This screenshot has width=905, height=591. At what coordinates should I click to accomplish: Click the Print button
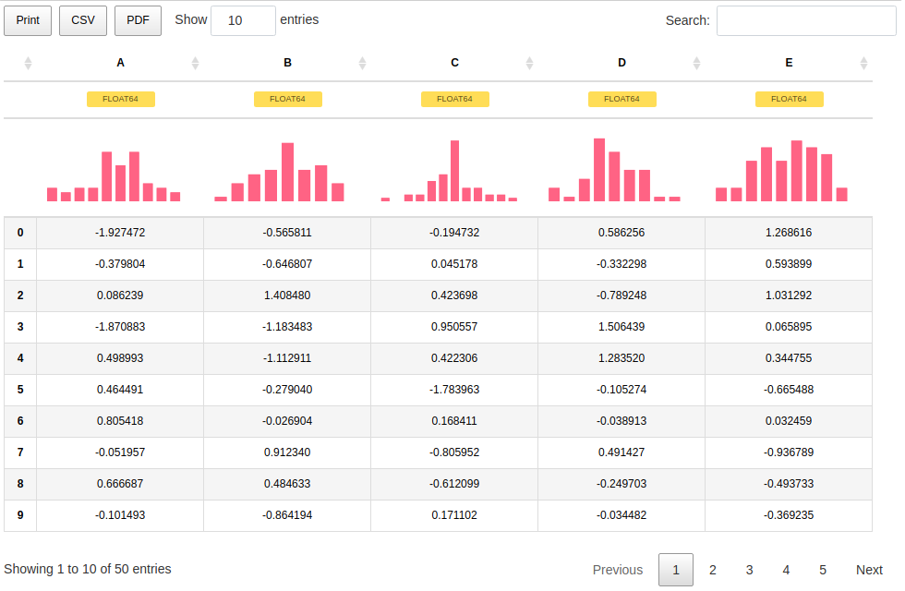[28, 20]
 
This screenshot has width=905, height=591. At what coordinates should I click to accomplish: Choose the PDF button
[138, 20]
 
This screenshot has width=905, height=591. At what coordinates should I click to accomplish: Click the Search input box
[805, 20]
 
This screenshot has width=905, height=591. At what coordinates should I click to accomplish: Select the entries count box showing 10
[243, 20]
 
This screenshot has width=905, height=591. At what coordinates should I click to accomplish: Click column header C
[454, 63]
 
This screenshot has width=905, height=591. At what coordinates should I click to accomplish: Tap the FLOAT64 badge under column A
[121, 99]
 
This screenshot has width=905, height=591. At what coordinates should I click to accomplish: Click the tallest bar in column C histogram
[455, 171]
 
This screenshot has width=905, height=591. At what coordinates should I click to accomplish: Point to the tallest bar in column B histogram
[287, 172]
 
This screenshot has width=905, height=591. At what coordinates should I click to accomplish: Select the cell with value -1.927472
[120, 233]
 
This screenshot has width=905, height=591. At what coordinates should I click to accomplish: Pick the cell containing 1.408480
[287, 295]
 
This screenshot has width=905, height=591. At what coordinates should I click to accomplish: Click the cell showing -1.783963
[454, 390]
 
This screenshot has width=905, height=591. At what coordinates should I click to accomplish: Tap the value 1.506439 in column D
[621, 327]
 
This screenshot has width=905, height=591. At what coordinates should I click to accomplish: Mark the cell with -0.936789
[789, 452]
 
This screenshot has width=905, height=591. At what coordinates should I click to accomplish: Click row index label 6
[20, 421]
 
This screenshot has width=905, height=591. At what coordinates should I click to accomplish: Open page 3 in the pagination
[749, 570]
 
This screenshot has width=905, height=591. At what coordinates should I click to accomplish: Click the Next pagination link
[869, 570]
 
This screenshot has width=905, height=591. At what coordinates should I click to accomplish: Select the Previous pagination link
[617, 570]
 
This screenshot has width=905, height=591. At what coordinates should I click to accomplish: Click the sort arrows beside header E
[863, 63]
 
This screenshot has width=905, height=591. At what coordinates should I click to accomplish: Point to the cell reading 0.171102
[454, 515]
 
